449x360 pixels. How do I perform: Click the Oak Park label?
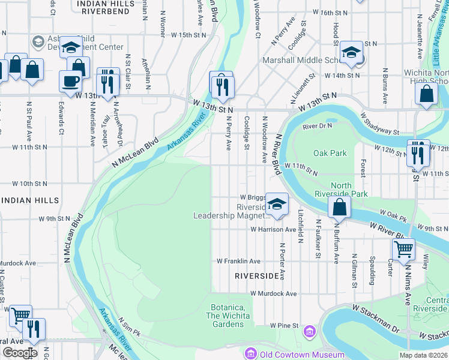click(330, 153)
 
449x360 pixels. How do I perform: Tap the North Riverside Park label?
click(342, 190)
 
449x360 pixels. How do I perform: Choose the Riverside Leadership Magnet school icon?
click(277, 205)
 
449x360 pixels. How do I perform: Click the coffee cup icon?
click(70, 81)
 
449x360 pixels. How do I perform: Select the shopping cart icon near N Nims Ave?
click(403, 248)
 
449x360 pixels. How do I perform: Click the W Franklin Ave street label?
click(238, 261)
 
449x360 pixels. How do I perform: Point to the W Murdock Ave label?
click(274, 293)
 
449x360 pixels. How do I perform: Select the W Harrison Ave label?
click(273, 229)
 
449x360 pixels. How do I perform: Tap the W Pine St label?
click(284, 325)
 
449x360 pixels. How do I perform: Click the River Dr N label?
click(318, 127)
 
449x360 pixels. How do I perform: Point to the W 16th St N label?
click(331, 13)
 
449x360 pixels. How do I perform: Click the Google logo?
click(20, 352)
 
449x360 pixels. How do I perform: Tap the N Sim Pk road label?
click(128, 326)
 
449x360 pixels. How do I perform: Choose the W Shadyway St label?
click(379, 124)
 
